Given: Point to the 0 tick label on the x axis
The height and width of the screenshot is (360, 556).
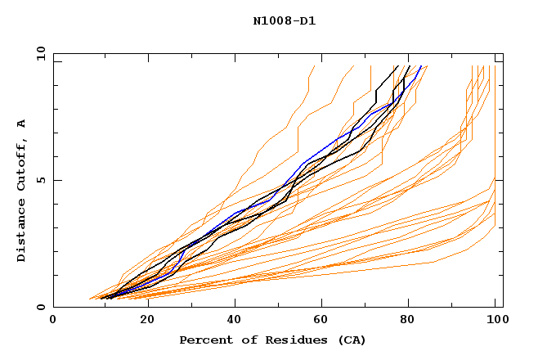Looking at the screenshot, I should click(53, 320).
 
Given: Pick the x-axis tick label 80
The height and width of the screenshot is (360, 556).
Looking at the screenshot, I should click(407, 320).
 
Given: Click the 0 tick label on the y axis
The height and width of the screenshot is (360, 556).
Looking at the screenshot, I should click(40, 308).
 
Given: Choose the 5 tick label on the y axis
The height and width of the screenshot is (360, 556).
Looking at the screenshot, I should click(40, 181).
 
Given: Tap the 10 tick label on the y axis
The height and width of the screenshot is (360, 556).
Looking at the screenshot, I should click(38, 54).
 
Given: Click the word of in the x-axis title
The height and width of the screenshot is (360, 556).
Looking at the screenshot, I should click(243, 340).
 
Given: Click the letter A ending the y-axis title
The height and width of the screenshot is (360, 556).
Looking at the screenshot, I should click(22, 124).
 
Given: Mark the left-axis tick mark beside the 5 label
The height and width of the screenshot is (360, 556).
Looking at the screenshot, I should click(56, 180).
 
